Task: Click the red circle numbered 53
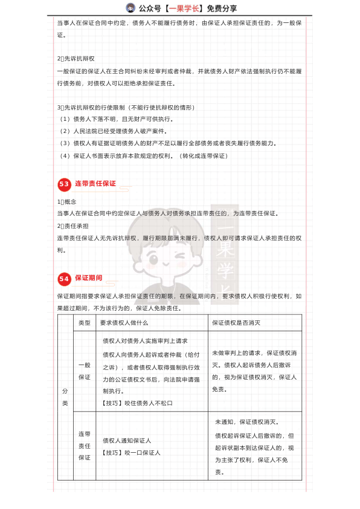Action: click(64, 184)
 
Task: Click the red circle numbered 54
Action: click(64, 279)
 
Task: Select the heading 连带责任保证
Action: click(95, 183)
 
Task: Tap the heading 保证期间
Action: click(88, 278)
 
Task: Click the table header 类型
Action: click(84, 323)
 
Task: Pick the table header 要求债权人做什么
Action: click(124, 323)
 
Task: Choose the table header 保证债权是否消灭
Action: click(236, 323)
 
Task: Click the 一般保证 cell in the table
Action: click(84, 371)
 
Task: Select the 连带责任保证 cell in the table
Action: click(84, 446)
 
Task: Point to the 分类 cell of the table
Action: click(65, 397)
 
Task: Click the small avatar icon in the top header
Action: click(130, 8)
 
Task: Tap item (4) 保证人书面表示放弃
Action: click(143, 155)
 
